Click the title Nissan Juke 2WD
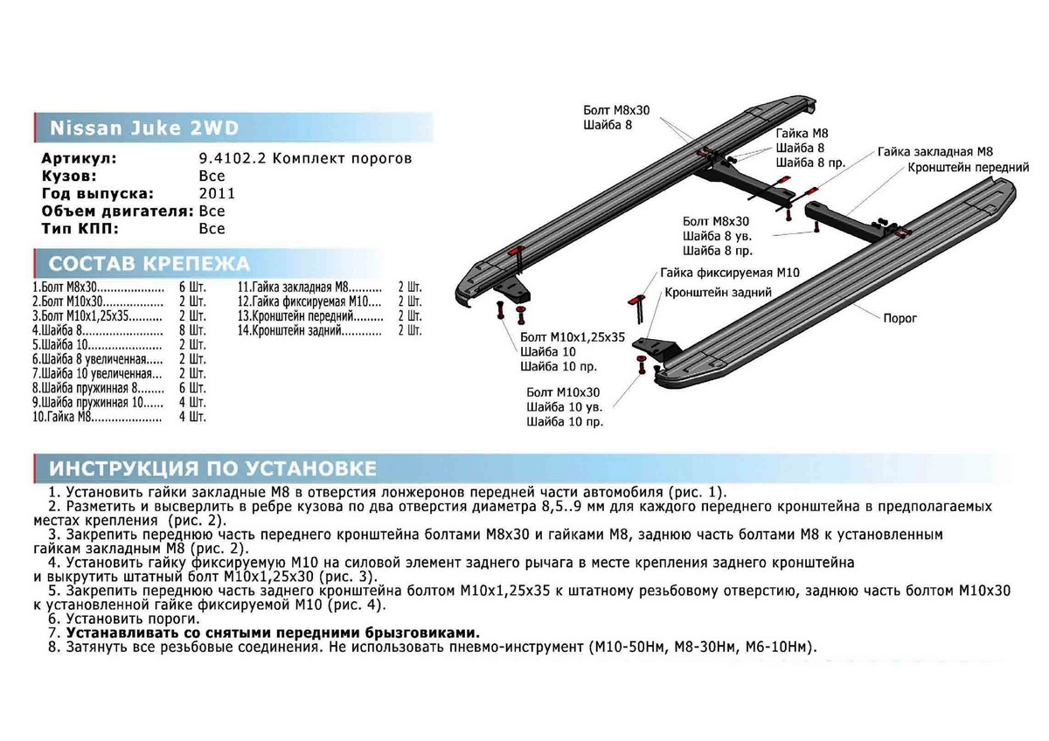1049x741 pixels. point(142,128)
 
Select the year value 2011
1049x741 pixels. point(216,194)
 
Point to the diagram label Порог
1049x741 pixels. point(900,319)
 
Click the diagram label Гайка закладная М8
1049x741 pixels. point(935,151)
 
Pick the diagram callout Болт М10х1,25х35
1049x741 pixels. point(573,336)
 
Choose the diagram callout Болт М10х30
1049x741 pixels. point(564,392)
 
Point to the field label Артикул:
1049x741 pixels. point(78,159)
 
